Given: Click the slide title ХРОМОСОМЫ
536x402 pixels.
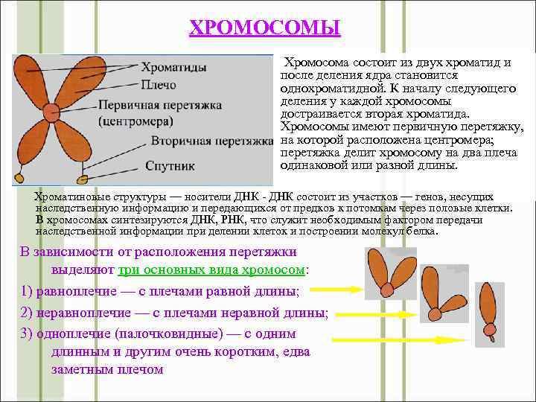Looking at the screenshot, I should pyautogui.click(x=264, y=28).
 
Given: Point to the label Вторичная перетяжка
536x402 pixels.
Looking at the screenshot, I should pyautogui.click(x=212, y=140).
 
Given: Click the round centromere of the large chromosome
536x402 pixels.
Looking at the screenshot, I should pyautogui.click(x=51, y=112).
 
